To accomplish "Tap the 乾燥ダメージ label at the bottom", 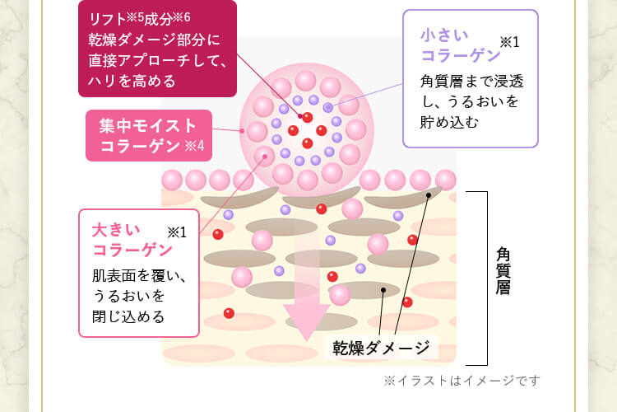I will coord(381,347).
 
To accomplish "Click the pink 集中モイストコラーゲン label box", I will coord(149,136).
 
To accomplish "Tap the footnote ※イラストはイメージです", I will coord(462,381).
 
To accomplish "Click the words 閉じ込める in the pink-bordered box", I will coord(128,316).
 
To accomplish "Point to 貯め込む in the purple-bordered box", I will coord(449,121).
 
